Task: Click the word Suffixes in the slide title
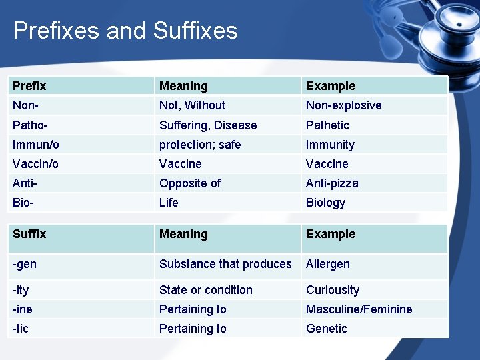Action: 195,31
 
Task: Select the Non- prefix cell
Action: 25,105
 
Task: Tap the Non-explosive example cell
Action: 343,105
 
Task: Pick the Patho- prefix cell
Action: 30,125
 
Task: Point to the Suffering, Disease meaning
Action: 207,125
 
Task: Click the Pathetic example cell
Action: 327,125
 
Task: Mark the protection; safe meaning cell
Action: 200,145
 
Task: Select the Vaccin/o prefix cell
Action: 35,164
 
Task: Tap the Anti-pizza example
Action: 332,183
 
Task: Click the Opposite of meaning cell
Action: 190,183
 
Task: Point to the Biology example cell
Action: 325,203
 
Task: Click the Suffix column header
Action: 29,234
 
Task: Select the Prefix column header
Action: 29,86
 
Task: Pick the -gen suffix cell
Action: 25,264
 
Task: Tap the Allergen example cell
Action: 327,264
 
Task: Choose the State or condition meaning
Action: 205,290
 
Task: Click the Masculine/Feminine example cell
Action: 359,309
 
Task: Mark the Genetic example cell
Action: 326,329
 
